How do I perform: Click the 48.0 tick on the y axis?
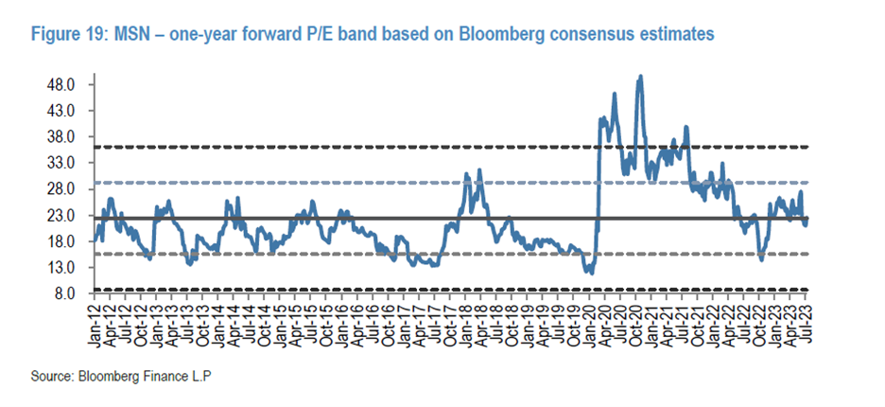(x=61, y=84)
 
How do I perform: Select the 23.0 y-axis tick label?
(x=61, y=215)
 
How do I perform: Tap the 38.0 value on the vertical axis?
(x=61, y=136)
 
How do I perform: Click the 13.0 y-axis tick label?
(x=61, y=267)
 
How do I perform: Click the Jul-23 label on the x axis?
(x=806, y=321)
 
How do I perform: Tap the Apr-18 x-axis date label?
(x=482, y=321)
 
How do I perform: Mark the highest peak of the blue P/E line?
(x=641, y=77)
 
